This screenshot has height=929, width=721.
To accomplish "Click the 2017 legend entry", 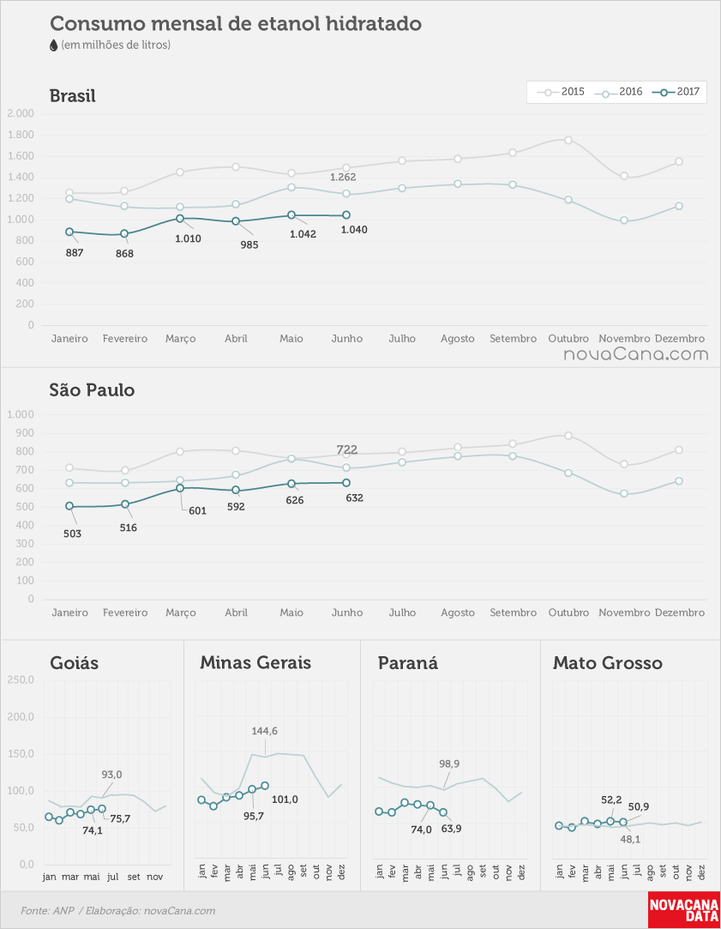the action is [x=676, y=92].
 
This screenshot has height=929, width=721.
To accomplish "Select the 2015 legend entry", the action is [x=561, y=92].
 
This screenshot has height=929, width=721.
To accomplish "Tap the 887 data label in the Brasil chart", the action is [x=75, y=253].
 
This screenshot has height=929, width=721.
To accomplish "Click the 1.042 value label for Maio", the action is [x=303, y=234].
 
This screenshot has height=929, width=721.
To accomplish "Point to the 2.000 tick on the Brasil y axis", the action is [x=21, y=114].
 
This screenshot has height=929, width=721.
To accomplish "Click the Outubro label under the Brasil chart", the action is [x=568, y=339].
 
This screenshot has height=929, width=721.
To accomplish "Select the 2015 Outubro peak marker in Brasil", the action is [x=568, y=141].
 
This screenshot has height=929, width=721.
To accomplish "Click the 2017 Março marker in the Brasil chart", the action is [x=180, y=219].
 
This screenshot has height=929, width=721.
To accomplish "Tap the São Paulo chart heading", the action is [x=93, y=389].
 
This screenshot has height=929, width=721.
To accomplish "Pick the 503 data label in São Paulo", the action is [x=72, y=534].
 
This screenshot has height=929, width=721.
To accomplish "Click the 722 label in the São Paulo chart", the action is [x=347, y=450].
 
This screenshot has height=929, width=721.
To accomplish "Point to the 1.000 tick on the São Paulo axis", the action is [x=21, y=414].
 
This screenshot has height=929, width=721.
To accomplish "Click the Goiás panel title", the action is [x=75, y=662].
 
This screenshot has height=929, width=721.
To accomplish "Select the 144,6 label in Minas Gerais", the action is [x=264, y=731].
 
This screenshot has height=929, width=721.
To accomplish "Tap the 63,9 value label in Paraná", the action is [x=451, y=829].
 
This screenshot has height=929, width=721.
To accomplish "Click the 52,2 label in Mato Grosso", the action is [x=611, y=799].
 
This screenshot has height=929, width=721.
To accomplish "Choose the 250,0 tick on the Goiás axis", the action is [x=21, y=679].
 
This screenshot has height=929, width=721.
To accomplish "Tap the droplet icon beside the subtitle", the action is [x=54, y=45].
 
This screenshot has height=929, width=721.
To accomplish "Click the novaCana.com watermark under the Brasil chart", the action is [x=636, y=355].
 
